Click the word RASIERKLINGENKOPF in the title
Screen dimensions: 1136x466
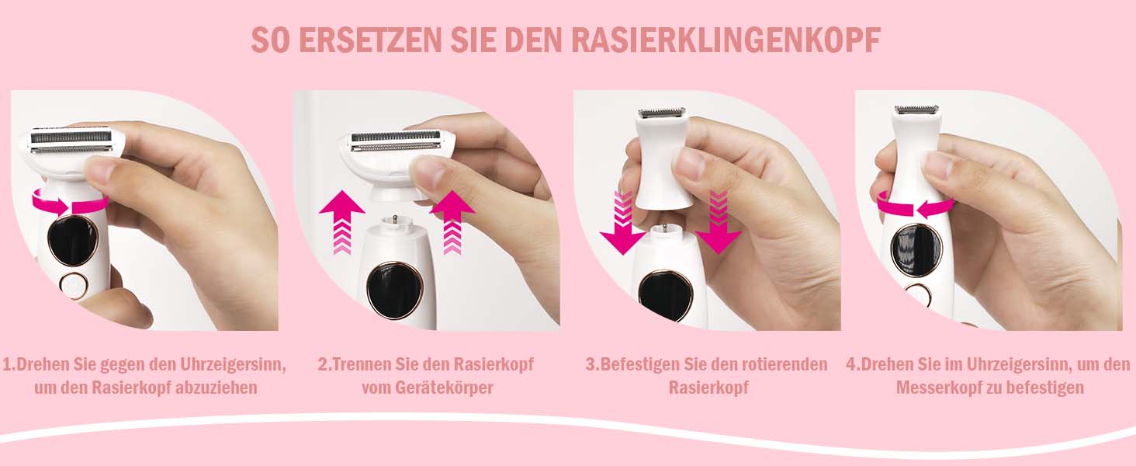point(726,40)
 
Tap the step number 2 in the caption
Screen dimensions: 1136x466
point(323,364)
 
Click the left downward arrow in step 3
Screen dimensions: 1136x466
point(622,222)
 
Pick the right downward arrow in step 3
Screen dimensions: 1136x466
point(718,222)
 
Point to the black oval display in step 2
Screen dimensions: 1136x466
point(393,290)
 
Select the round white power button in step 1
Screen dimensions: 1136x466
point(73,284)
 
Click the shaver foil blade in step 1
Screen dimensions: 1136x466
point(71,141)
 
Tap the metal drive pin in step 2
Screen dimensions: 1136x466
point(393,222)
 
